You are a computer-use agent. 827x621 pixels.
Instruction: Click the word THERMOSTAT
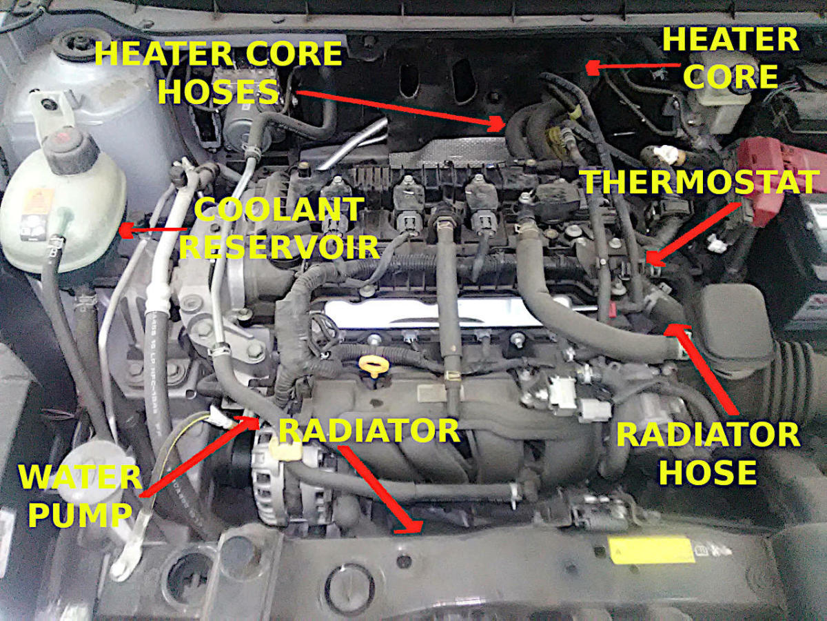pos(700,183)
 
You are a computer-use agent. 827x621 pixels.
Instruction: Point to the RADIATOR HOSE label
pos(708,453)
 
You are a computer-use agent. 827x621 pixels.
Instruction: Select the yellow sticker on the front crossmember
pos(651,551)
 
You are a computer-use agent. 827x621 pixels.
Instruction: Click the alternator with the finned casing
pos(276,476)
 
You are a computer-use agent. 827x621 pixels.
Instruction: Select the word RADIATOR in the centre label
pos(369,431)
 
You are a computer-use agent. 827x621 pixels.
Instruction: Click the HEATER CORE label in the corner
pos(731,59)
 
